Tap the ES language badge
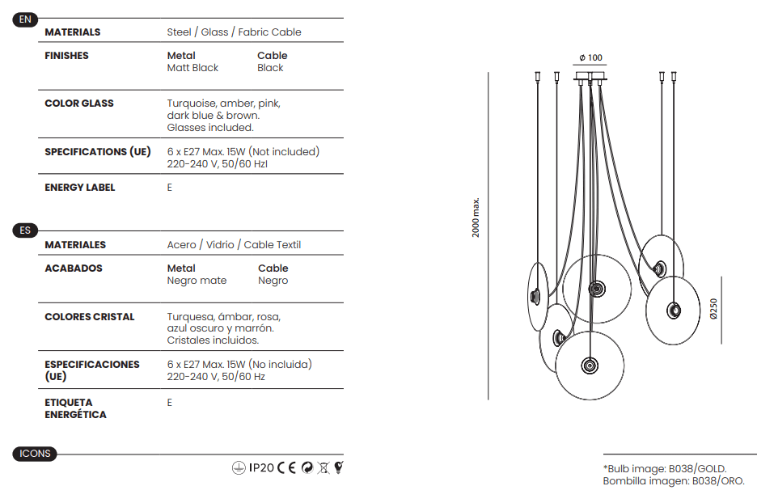[x=25, y=230]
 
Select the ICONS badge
[x=35, y=454]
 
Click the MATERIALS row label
[x=73, y=32]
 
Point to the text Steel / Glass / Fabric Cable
[x=234, y=32]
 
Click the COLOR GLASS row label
[x=79, y=104]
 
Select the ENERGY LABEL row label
[x=80, y=188]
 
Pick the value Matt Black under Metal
[x=192, y=68]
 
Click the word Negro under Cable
[x=273, y=281]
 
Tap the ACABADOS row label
[x=74, y=268]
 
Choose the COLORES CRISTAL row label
[x=90, y=317]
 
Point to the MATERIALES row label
[x=75, y=245]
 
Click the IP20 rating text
[x=261, y=467]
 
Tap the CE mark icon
[x=287, y=467]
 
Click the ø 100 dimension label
[x=591, y=58]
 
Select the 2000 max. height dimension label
[x=476, y=218]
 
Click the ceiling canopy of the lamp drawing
[x=590, y=77]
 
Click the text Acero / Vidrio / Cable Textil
[x=234, y=245]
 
